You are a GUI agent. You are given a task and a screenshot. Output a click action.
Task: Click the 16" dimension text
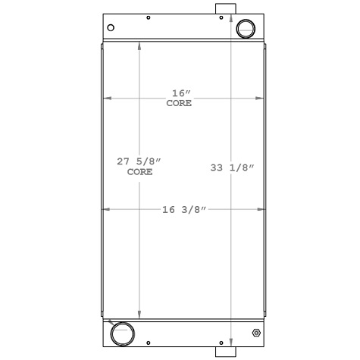(x=180, y=92)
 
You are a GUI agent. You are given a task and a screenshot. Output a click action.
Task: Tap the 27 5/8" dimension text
(x=139, y=161)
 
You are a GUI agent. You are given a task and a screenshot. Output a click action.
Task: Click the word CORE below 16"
(x=180, y=103)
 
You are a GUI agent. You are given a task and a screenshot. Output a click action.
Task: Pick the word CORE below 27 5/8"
(x=139, y=172)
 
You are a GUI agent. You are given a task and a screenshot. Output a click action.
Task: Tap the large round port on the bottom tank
(x=121, y=333)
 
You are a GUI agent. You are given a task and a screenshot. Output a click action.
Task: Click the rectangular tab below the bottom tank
(x=225, y=351)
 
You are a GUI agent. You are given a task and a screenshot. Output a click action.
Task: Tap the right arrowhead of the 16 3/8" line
(x=262, y=208)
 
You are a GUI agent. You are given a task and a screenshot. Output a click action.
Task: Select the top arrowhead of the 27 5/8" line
(x=139, y=46)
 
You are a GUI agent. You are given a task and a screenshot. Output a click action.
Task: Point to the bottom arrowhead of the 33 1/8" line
(x=231, y=343)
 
